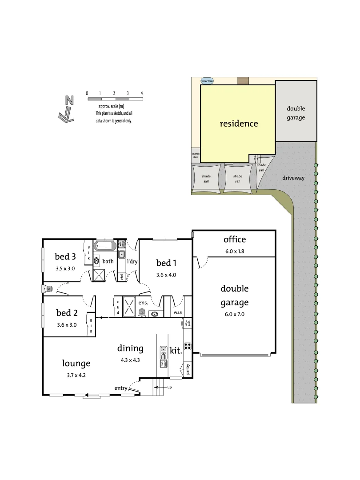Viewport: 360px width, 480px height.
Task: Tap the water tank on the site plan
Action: point(207,81)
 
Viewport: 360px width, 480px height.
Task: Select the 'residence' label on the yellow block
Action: point(239,124)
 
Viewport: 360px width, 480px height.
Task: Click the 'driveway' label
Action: point(293,178)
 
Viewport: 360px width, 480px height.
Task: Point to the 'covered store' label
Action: point(196,155)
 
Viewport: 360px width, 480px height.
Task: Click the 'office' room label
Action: point(235,240)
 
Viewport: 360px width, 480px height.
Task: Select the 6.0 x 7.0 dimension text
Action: point(235,314)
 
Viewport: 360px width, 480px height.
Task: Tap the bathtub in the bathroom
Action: point(105,246)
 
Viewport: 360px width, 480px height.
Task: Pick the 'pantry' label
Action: point(188,370)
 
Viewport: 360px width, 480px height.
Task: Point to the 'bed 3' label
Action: point(65,256)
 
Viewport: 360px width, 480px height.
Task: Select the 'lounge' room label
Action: point(76,363)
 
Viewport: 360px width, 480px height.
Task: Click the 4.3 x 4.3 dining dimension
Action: point(130,360)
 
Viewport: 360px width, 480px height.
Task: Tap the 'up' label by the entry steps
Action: point(169,387)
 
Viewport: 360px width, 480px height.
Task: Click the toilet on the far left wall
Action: point(48,289)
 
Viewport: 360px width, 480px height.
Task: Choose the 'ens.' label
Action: point(143,303)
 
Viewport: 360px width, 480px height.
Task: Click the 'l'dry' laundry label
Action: point(132,262)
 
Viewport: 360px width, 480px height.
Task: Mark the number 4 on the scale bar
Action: point(141,93)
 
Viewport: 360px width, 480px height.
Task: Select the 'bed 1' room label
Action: point(166,262)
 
